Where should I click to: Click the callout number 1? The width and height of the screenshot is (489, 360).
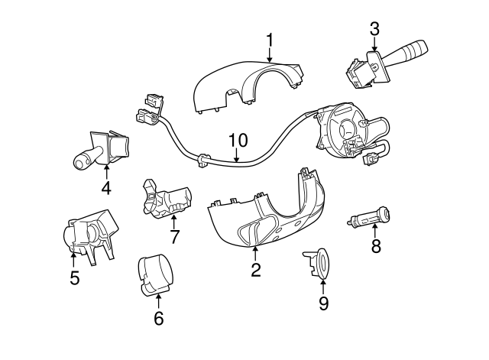pos(270,40)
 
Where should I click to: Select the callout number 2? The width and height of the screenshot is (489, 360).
pos(256,269)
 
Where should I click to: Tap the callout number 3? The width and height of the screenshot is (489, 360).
pos(374,30)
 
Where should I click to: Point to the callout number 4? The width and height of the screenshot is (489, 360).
pos(106,188)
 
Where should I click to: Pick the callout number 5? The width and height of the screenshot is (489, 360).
pos(74,278)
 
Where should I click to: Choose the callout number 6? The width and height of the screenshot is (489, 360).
pos(159,319)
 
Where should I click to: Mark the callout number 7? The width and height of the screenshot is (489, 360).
pos(174,237)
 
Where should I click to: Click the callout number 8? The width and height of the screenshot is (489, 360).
pos(375,245)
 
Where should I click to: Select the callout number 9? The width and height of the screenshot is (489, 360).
pos(323,303)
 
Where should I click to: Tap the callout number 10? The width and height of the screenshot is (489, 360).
pos(238,141)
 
